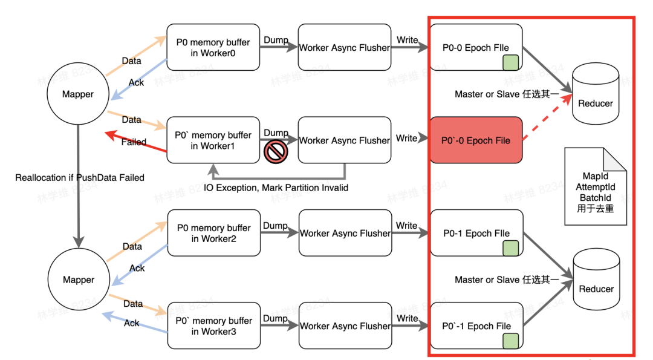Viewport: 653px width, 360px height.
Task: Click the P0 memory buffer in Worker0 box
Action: coord(213,48)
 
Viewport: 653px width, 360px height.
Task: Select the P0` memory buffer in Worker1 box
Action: coord(213,140)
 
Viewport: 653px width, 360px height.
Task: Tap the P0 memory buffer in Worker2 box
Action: coord(213,233)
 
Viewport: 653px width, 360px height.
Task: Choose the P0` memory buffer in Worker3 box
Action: coord(213,326)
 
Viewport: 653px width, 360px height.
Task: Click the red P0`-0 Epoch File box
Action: coord(476,140)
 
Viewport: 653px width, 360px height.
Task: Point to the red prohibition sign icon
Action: coord(276,152)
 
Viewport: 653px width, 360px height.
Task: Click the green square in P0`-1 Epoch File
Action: coord(511,340)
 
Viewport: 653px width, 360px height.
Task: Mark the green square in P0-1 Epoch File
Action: coord(511,247)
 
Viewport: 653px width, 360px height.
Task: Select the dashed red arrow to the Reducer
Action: coord(547,119)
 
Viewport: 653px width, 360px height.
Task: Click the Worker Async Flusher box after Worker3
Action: coord(345,326)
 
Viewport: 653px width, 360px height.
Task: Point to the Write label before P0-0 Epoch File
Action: coord(407,40)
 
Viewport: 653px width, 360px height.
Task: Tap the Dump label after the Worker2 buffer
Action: coord(275,225)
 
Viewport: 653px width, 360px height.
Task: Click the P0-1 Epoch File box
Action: coord(476,233)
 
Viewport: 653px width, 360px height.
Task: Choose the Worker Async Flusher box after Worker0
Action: coord(345,48)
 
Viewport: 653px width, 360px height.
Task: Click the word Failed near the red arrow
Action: coord(134,142)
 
